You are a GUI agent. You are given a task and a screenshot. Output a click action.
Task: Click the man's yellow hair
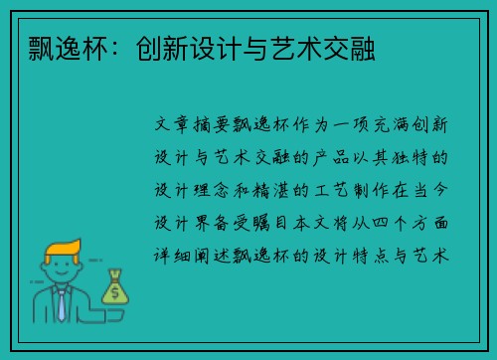[x=63, y=249]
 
